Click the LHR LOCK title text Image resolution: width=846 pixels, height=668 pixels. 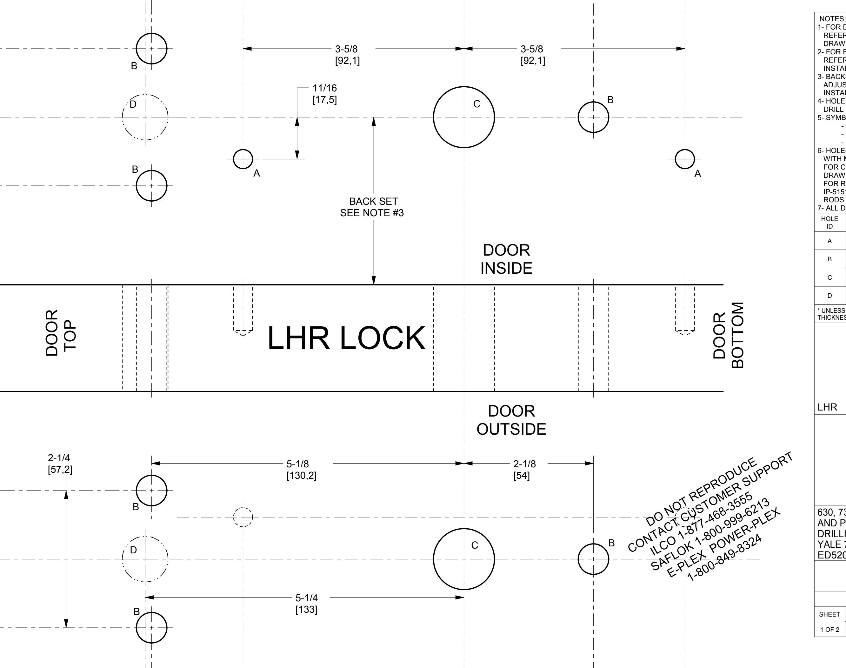[346, 338]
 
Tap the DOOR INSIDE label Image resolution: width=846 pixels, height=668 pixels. [506, 259]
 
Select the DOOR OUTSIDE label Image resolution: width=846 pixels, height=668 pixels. [511, 420]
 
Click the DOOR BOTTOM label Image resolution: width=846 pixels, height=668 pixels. [728, 336]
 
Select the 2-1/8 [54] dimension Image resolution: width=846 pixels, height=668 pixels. [524, 470]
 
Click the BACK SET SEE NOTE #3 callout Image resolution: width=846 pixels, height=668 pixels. [372, 207]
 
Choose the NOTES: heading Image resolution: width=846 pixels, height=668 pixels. [831, 19]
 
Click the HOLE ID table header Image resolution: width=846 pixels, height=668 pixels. [829, 223]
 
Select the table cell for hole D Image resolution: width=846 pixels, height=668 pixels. [829, 296]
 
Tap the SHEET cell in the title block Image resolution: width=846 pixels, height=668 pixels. [829, 614]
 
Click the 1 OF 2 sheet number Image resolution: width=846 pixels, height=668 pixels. [829, 630]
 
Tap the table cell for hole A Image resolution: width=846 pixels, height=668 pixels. [829, 241]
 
